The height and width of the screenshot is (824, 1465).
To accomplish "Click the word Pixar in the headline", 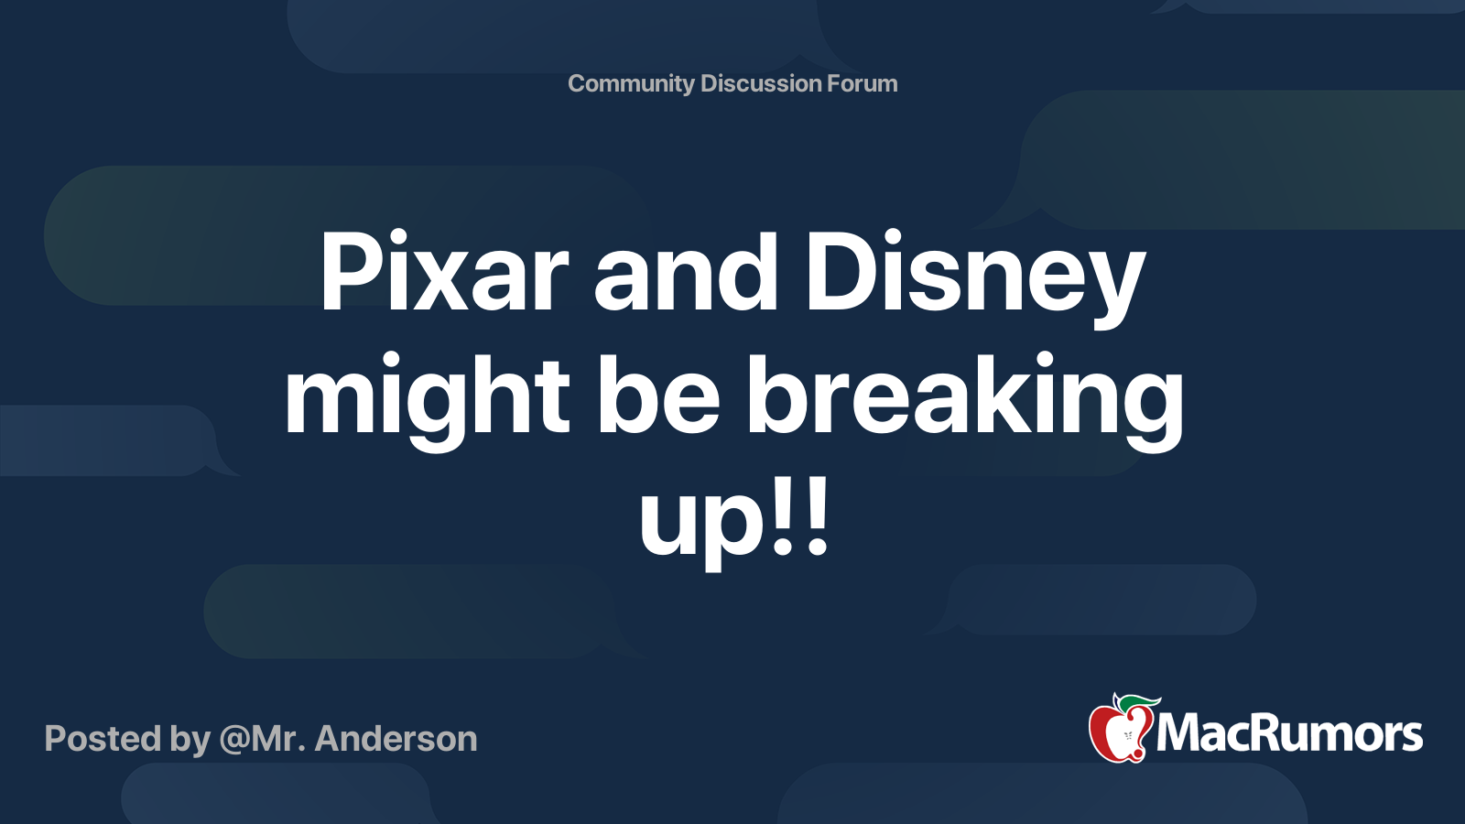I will pos(443,273).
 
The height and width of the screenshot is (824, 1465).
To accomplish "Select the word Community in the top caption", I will pos(631,83).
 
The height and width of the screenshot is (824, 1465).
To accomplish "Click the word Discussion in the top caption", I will pos(761,83).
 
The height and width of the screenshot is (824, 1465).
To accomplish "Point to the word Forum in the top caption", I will pos(863,83).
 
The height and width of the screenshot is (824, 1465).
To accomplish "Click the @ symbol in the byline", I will pos(233,740).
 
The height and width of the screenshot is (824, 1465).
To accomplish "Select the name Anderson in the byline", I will pos(396,739).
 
